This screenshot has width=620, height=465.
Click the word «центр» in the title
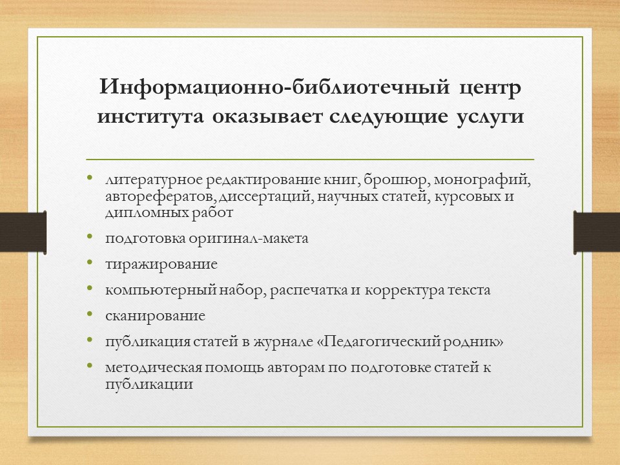point(489,88)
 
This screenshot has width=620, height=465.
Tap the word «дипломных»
point(137,212)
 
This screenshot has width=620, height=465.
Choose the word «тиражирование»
point(161,264)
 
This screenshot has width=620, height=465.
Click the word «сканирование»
point(156,316)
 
